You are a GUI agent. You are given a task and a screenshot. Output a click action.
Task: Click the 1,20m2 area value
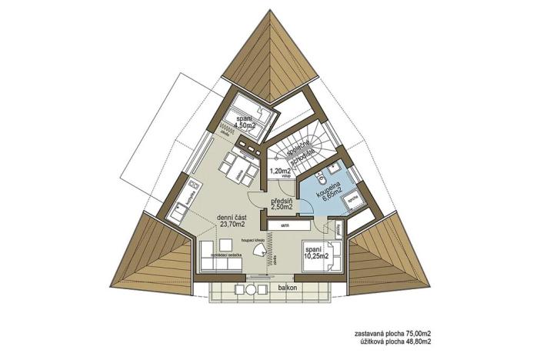click(278, 172)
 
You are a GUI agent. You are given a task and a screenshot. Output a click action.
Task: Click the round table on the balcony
click(250, 289)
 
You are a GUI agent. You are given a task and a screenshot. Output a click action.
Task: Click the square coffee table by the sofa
click(237, 248)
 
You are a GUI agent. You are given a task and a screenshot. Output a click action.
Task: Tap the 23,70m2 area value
click(232, 225)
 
